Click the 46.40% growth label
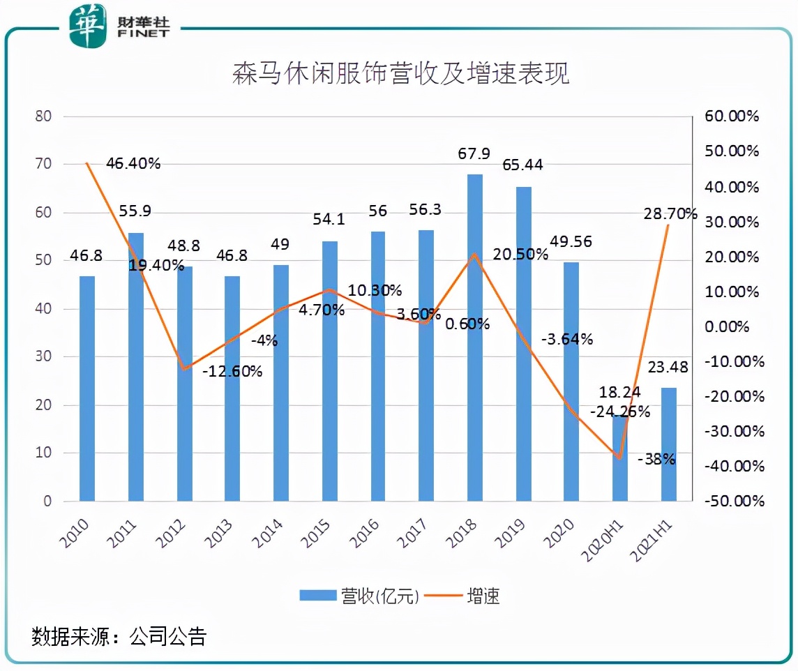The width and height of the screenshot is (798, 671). (133, 163)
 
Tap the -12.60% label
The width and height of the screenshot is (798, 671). (233, 371)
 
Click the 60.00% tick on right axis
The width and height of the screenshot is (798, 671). (731, 116)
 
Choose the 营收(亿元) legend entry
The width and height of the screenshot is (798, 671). (360, 596)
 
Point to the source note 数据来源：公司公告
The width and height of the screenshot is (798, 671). (119, 636)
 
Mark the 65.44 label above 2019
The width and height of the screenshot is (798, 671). (524, 165)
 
